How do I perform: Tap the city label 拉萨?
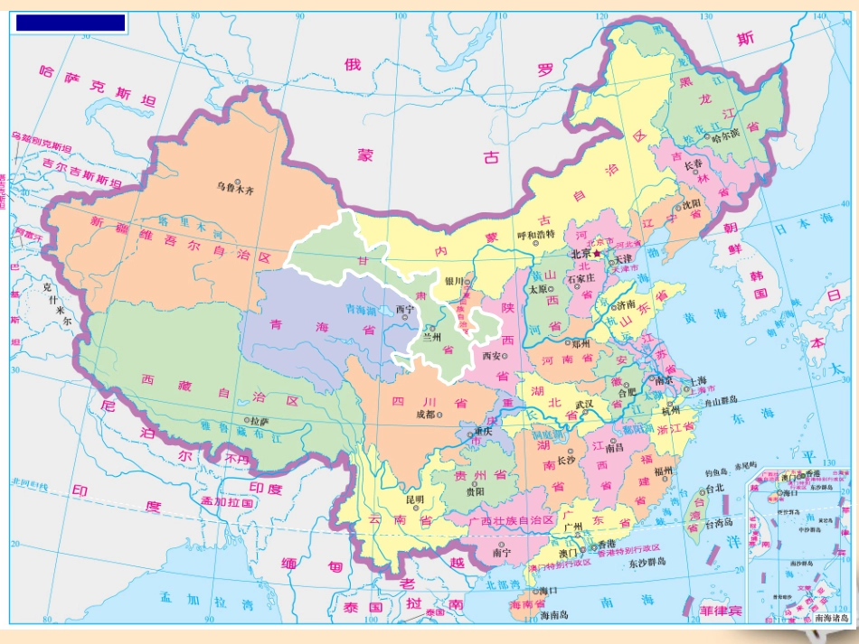click(260, 421)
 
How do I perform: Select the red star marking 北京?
click(597, 255)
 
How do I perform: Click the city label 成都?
click(424, 415)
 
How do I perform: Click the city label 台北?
click(715, 489)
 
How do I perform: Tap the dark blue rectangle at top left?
click(71, 23)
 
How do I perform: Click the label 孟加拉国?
click(226, 501)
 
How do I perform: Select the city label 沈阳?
click(692, 204)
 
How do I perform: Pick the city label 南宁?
click(502, 552)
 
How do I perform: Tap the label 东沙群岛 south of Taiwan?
click(646, 562)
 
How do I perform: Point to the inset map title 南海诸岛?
click(831, 619)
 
